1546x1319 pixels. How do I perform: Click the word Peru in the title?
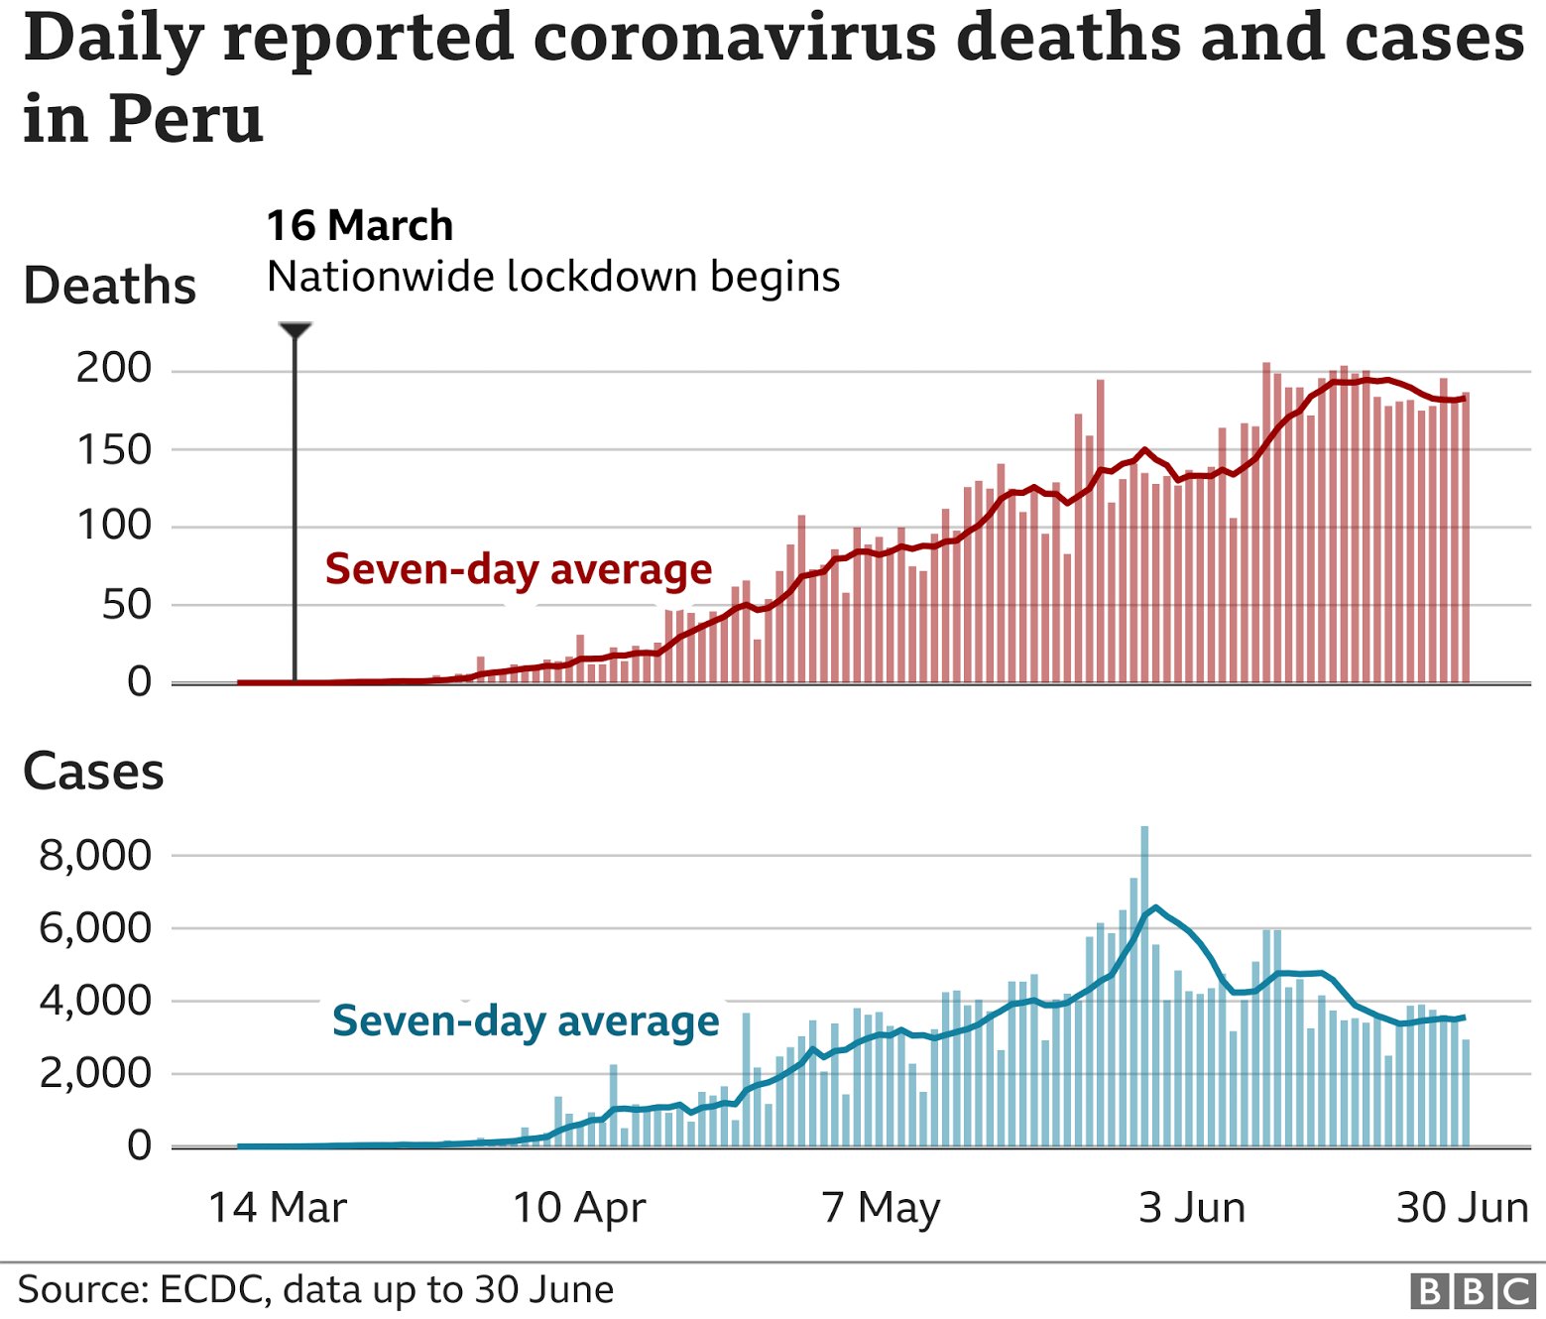tap(185, 119)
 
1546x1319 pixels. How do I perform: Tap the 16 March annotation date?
tap(359, 226)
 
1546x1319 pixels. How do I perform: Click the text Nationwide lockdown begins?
tap(553, 277)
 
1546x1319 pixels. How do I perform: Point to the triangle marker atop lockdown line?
tap(295, 329)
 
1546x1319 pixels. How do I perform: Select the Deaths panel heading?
tap(109, 286)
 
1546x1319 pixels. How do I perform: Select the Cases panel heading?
tap(93, 772)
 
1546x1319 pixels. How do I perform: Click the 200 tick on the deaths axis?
tap(114, 369)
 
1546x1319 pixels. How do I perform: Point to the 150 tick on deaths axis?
tap(114, 450)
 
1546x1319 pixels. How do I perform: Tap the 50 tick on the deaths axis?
tap(126, 605)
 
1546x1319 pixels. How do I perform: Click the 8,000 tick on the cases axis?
tap(95, 855)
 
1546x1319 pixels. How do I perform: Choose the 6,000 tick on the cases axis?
tap(95, 928)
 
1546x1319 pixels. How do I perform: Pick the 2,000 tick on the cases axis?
tap(95, 1073)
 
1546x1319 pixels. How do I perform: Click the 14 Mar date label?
tap(278, 1208)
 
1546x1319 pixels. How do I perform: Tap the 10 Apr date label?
tap(579, 1208)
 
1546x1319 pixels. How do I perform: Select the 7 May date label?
tap(881, 1208)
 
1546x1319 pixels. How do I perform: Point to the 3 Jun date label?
tap(1192, 1208)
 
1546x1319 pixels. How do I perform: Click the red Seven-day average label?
tap(519, 569)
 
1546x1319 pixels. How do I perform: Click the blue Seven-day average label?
tap(526, 1020)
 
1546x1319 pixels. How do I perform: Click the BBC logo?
tap(1473, 1291)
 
